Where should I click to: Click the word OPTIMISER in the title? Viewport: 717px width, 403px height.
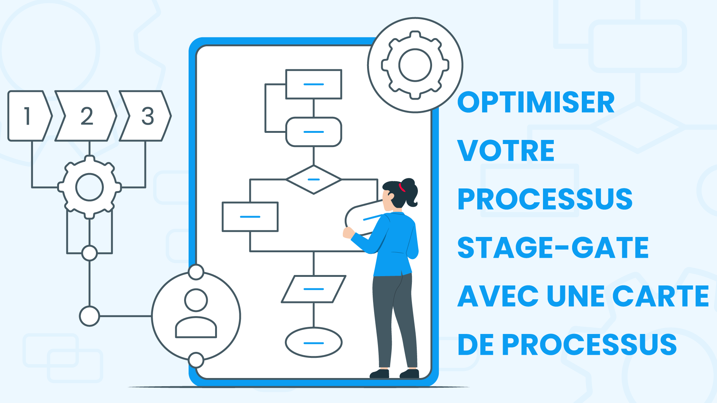536,102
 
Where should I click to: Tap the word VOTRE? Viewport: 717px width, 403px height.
506,151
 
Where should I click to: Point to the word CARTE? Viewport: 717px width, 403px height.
661,296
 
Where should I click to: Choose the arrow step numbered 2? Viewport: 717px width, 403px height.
86,116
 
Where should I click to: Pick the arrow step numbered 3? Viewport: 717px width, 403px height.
145,116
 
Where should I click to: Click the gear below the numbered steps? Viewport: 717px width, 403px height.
90,187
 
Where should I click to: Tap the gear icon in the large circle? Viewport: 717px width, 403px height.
415,65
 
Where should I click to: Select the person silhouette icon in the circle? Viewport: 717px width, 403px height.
196,313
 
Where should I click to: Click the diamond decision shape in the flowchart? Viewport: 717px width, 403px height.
314,179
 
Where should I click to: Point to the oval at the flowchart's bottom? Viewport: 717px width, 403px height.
314,343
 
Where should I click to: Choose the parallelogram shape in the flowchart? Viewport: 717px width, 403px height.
314,289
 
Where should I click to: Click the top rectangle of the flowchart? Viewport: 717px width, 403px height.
314,84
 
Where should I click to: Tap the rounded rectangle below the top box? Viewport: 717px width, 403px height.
314,132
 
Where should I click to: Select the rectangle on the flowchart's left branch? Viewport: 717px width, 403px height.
250,217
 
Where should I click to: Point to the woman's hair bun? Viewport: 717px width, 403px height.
410,191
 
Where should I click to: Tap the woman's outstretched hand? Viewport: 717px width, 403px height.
348,232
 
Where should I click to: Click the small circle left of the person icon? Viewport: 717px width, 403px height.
90,316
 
